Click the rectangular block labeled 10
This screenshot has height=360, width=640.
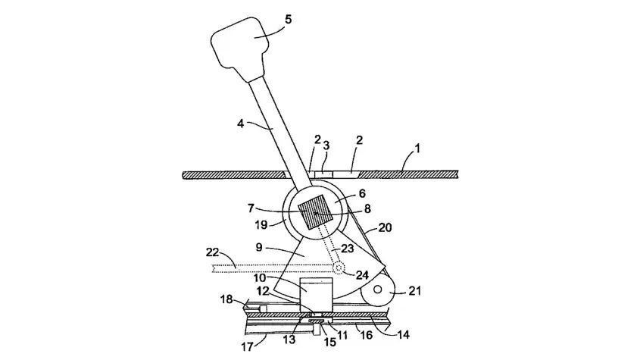[317, 296]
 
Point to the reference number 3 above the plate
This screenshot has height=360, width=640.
[327, 146]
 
